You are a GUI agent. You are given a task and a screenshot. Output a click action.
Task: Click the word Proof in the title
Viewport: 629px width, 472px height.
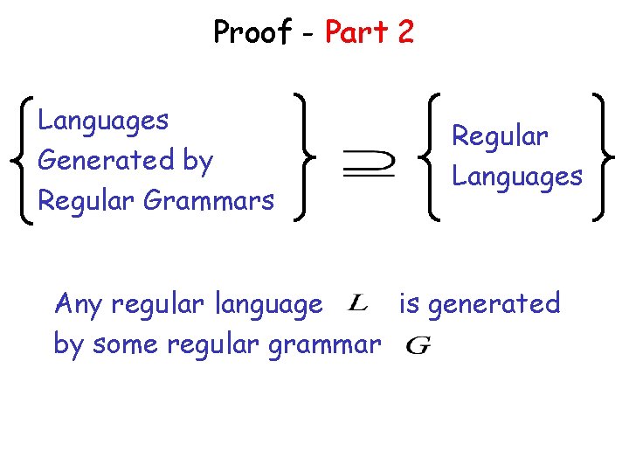click(252, 32)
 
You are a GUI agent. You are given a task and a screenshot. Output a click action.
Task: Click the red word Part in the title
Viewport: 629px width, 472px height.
click(356, 32)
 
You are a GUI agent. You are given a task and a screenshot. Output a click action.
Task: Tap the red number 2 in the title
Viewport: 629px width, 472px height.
click(404, 32)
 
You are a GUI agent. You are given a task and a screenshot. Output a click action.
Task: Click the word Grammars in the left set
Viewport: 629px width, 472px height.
click(208, 200)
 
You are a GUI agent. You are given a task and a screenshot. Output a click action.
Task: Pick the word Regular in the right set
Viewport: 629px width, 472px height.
click(499, 136)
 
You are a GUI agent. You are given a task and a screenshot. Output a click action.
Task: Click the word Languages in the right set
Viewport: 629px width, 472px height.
click(516, 177)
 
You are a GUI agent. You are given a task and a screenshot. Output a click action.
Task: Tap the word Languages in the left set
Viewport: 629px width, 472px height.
click(103, 121)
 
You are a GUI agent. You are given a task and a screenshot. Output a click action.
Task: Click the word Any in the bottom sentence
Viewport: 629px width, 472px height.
click(78, 304)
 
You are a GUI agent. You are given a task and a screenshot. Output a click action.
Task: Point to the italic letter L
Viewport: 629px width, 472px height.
click(357, 303)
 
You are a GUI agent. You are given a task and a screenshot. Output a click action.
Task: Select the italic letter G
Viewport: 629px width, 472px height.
click(418, 345)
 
